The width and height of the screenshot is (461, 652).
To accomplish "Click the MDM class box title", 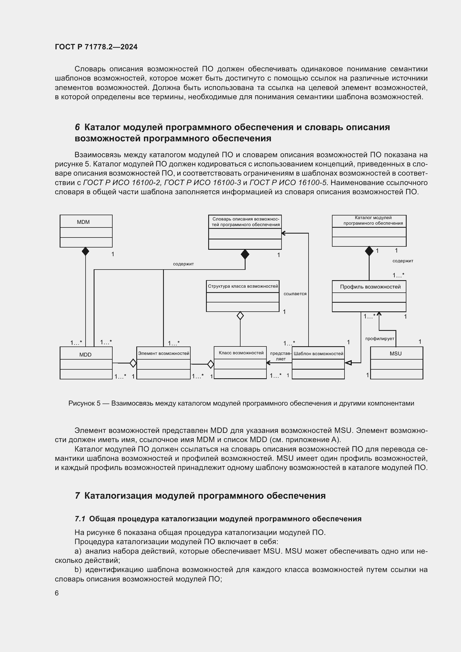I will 83,222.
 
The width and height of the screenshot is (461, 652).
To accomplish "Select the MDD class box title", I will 86,355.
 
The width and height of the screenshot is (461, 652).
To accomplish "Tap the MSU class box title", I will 396,353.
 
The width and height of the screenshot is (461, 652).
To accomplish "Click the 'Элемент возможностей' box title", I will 164,353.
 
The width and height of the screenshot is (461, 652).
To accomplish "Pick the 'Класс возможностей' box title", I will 241,353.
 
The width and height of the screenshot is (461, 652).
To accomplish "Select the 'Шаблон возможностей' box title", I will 318,353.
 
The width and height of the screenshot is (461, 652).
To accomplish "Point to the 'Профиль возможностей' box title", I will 370,287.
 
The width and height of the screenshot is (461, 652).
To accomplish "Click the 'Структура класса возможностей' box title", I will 243,286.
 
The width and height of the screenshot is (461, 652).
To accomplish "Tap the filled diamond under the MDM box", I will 86,251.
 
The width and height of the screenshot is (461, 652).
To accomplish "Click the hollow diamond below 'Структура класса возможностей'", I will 240,316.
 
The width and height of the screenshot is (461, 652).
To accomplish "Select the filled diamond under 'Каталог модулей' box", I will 369,251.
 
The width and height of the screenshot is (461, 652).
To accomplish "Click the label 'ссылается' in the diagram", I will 295,294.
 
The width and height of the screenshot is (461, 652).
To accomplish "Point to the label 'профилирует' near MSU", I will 380,338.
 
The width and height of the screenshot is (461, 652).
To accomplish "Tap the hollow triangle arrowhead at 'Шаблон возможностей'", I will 348,363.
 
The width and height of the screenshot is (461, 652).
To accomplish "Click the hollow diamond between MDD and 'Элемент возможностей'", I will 133,363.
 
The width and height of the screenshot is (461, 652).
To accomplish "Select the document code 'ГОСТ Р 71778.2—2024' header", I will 96,47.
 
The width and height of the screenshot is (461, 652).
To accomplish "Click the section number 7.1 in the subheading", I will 80,519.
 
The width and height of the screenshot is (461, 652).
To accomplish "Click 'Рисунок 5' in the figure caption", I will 84,403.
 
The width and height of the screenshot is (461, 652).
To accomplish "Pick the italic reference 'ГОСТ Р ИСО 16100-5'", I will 288,183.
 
